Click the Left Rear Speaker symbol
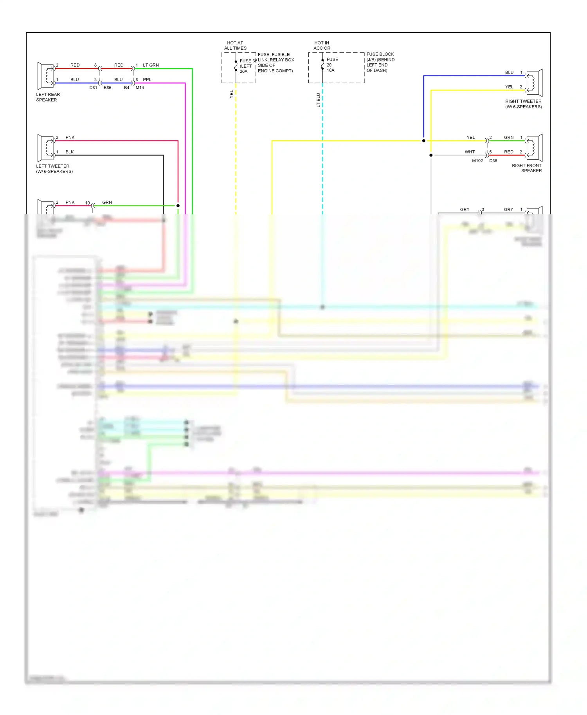point(46,76)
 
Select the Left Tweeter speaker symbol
point(46,148)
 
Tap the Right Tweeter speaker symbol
point(535,83)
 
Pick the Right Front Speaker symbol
point(535,148)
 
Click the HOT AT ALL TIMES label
point(235,45)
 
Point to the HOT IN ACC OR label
point(322,45)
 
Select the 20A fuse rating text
point(243,72)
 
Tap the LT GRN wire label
point(151,65)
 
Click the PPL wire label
point(147,80)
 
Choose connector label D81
point(93,88)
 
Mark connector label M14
point(140,88)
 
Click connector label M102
point(477,161)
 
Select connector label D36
point(493,161)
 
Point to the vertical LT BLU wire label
point(318,100)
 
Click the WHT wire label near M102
point(470,152)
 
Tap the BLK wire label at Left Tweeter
point(70,152)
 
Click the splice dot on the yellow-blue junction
point(423,141)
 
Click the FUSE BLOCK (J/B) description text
point(380,62)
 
